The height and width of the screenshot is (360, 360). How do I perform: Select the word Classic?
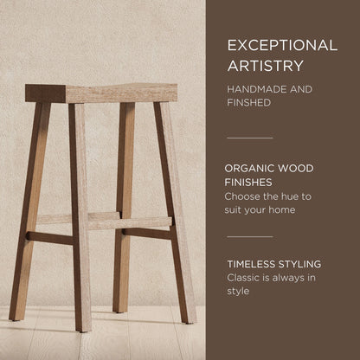coord(245,277)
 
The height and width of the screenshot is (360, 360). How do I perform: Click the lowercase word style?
coord(239,291)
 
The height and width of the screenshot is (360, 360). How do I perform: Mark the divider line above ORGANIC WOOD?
coord(249,138)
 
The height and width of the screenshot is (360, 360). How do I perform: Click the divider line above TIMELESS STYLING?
coord(249,236)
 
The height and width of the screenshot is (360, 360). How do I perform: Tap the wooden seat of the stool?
coord(101,93)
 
